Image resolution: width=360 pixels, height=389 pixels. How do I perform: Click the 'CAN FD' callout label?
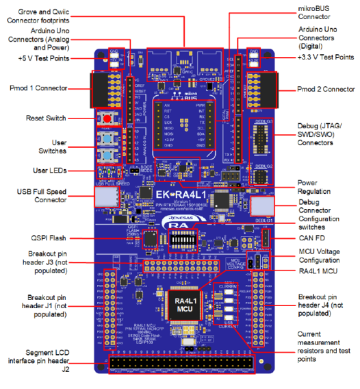point(311,238)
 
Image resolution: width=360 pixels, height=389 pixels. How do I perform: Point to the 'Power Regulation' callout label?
point(316,187)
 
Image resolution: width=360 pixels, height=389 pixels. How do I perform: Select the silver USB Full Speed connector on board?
point(106,197)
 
